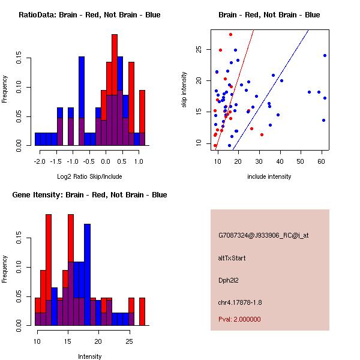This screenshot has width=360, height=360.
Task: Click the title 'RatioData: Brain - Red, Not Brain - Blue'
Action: coord(89,14)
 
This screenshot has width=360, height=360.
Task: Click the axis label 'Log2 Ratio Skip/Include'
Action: coord(89,176)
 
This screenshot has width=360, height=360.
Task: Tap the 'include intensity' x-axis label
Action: coord(269,176)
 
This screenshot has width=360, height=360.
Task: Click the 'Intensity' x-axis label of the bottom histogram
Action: coord(89,356)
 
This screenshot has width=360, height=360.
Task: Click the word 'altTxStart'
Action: coord(232,258)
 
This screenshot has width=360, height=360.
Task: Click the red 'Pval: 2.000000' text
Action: coord(239,319)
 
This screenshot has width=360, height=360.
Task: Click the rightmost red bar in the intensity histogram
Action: coord(142,311)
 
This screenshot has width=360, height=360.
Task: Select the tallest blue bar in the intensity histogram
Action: coord(87,264)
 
